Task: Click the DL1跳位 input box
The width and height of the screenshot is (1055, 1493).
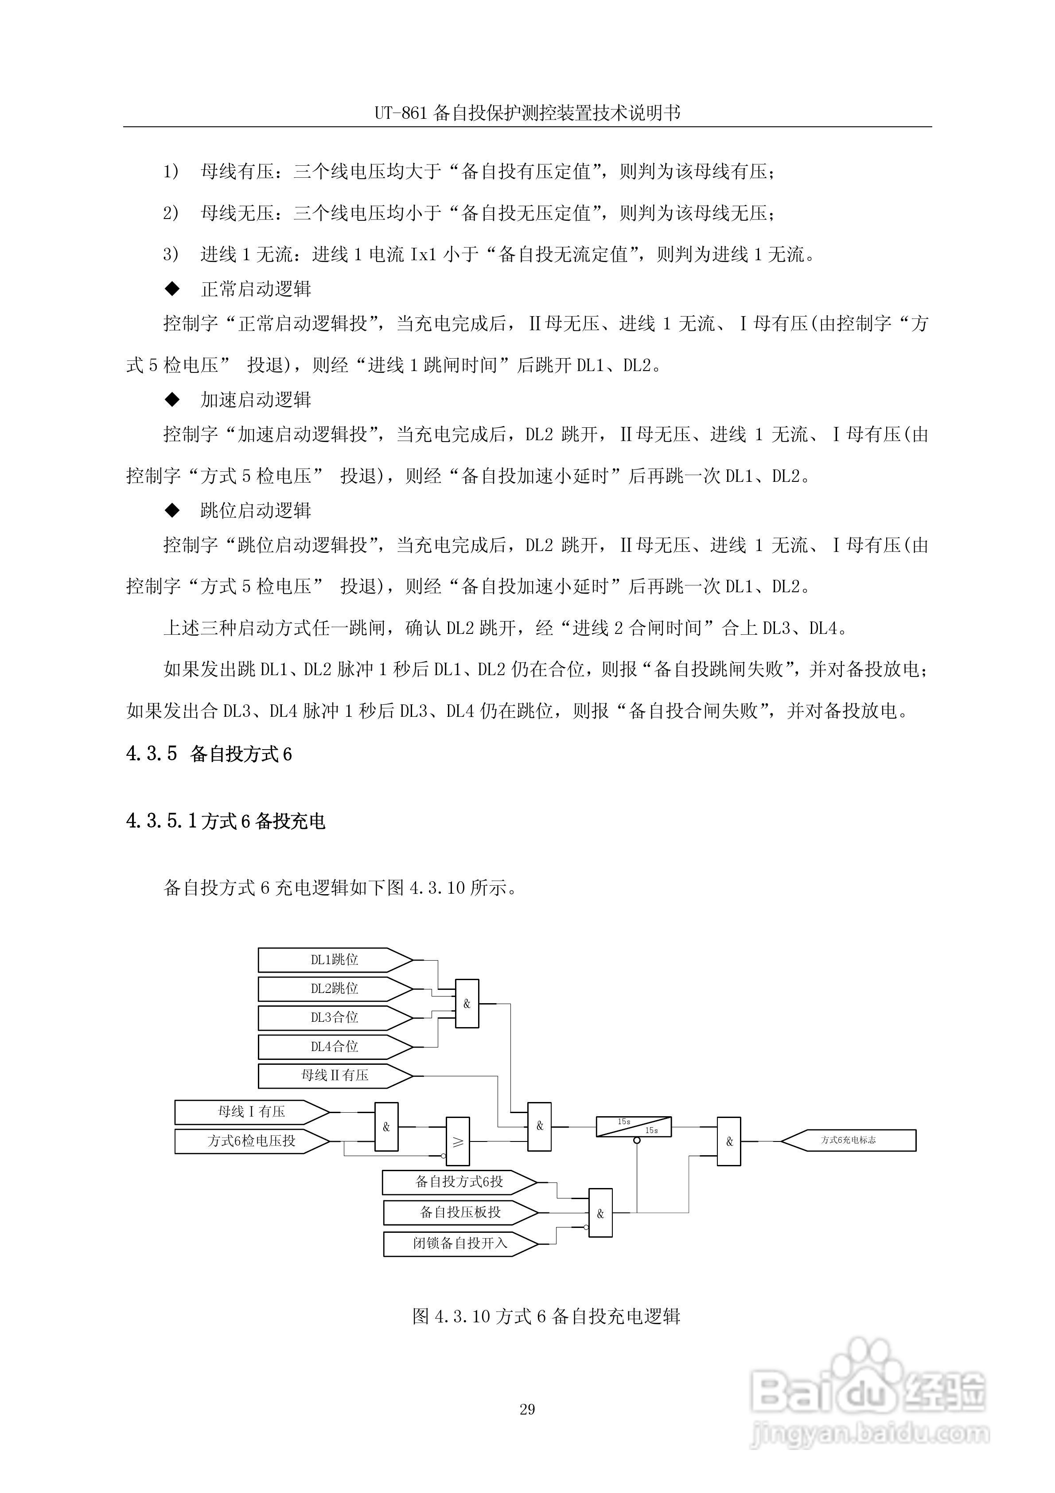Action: tap(334, 960)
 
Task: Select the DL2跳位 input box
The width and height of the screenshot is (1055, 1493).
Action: tap(334, 989)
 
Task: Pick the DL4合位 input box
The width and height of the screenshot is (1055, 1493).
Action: tap(334, 1046)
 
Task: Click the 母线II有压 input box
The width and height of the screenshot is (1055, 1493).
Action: tap(334, 1075)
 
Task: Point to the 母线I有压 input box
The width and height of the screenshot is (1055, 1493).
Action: tap(251, 1112)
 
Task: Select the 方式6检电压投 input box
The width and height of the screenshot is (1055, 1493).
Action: tap(251, 1141)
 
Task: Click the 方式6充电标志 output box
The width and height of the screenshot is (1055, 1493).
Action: tap(848, 1140)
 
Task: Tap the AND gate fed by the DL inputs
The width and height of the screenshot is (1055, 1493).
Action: tap(467, 1003)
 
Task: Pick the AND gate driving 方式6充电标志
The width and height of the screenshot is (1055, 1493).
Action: tap(729, 1141)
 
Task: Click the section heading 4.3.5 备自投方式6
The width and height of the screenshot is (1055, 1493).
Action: tap(209, 754)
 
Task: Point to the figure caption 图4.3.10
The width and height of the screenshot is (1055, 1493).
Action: tap(546, 1316)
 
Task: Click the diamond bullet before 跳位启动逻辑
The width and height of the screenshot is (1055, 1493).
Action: tap(172, 511)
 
